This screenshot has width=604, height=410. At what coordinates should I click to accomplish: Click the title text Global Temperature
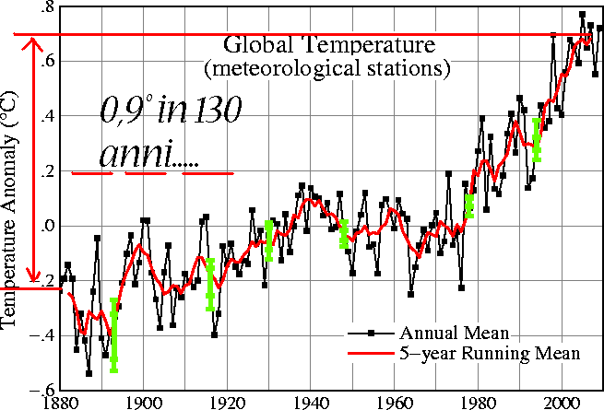pos(328,45)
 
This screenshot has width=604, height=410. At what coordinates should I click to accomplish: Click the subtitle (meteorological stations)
pos(327,68)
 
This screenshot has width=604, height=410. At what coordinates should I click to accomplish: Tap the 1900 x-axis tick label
pos(142,402)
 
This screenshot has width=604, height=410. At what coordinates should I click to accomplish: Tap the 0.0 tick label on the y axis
pos(41,227)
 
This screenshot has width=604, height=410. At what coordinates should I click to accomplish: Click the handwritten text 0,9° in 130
pos(170,113)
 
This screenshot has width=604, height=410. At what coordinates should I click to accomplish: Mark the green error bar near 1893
pos(114,335)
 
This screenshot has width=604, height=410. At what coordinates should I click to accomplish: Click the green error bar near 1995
pos(537,139)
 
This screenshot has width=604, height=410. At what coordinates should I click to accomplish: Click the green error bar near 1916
pos(210,284)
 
